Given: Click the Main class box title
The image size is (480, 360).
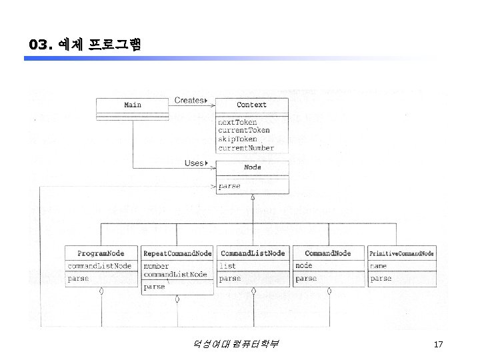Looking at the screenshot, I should (133, 105).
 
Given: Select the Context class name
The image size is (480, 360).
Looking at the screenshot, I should (252, 105).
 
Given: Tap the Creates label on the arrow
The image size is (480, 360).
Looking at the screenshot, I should (189, 101).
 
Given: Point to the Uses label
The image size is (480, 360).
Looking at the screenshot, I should (194, 163).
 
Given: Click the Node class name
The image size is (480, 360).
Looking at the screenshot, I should (253, 167).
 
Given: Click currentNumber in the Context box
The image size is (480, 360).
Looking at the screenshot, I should (246, 147).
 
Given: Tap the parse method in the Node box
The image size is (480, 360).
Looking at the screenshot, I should (230, 186).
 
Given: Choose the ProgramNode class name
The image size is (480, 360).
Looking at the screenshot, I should (101, 253).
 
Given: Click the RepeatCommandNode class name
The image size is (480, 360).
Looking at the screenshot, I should (177, 253).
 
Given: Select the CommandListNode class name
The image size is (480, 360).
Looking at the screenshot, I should (253, 253).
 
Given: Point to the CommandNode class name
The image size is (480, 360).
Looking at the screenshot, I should (328, 253).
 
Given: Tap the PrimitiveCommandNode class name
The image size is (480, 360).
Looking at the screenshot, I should (402, 253).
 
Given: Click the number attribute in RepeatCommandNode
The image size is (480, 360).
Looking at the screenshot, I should (157, 266).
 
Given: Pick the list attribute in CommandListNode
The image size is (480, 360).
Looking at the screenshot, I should (227, 266).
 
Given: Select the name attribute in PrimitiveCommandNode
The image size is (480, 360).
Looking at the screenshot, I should (378, 266).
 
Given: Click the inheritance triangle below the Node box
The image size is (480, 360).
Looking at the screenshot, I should (253, 197).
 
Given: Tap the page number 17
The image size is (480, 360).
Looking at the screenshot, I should (438, 345).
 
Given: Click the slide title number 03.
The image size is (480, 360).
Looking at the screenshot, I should (40, 45).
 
